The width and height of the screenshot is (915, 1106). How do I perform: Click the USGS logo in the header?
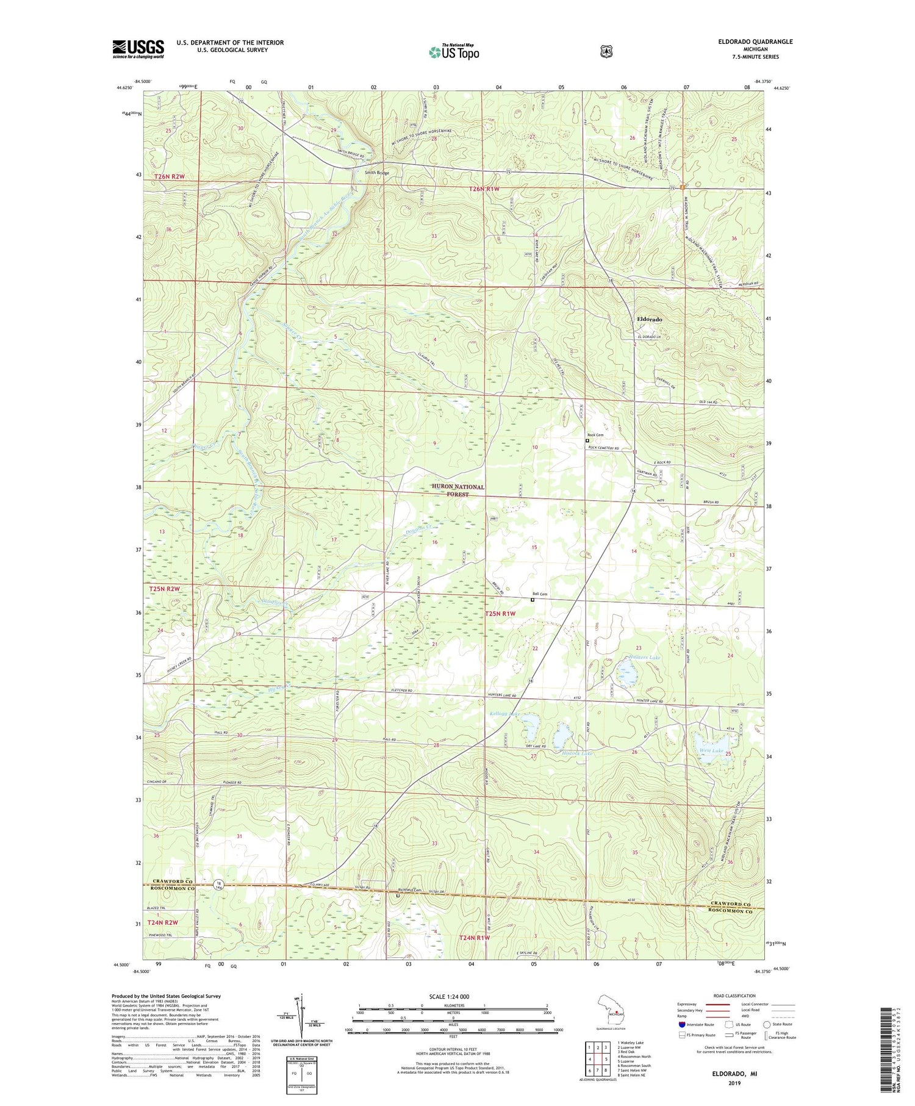[x=138, y=49]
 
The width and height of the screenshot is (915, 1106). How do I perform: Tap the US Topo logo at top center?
[x=454, y=52]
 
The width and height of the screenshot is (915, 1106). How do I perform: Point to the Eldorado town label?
[x=649, y=319]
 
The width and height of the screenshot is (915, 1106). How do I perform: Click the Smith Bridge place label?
[x=376, y=173]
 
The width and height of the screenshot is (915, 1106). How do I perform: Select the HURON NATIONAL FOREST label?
[x=457, y=490]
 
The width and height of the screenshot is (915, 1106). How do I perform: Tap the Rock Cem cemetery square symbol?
[x=587, y=440]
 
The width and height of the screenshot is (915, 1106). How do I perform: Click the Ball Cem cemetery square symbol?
[x=532, y=600]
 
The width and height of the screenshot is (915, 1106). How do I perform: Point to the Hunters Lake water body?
[x=626, y=675]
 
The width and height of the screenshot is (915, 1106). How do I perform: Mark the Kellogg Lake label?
[x=505, y=713]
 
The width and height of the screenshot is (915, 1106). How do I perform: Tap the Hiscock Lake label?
[x=576, y=753]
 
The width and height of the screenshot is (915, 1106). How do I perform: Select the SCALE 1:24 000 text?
[x=453, y=997]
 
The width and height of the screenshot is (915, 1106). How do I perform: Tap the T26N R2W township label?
[x=169, y=176]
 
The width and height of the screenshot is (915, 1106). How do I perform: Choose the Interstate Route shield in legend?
[x=682, y=1024]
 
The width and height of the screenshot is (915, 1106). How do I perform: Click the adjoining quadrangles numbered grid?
[x=598, y=1050]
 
